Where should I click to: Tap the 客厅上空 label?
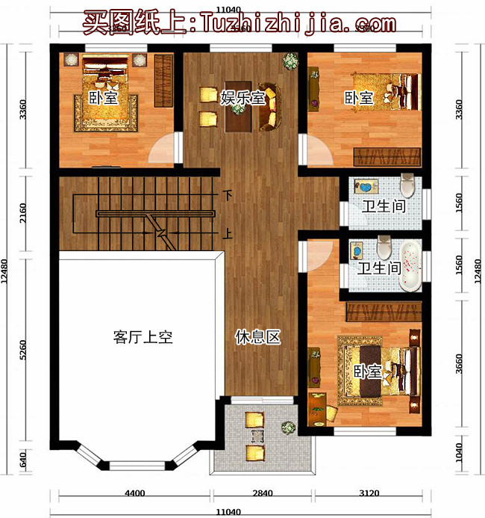coord(143,337)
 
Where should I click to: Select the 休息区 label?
coord(257,337)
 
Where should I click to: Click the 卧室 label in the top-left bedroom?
coord(102,96)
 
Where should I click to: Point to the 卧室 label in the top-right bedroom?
coord(359,96)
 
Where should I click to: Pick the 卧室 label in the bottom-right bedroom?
coord(368,371)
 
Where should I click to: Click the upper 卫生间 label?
coord(384,206)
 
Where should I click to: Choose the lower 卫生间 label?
coord(380,267)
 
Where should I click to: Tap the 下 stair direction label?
coord(228,196)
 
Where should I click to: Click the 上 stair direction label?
coord(228,233)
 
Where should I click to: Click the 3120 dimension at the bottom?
coord(372,493)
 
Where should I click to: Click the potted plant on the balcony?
coord(287,428)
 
